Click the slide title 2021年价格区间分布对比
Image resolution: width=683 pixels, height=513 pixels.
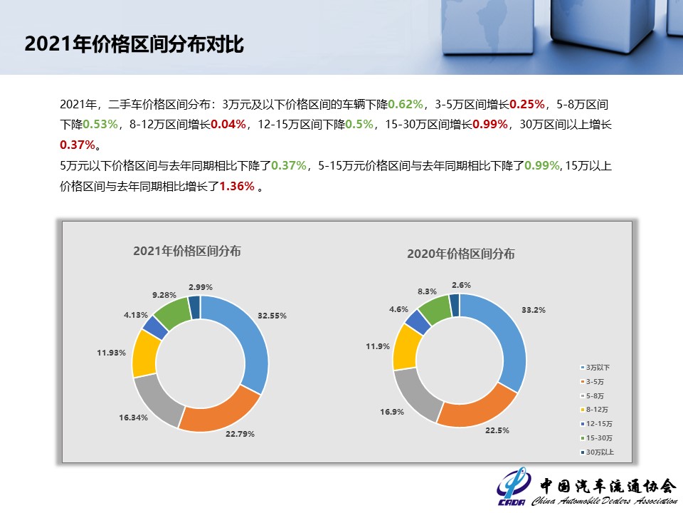[134, 44]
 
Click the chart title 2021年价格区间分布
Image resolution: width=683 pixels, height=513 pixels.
[186, 251]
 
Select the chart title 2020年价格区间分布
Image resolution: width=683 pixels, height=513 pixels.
[460, 254]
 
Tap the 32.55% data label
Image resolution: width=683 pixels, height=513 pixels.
[272, 315]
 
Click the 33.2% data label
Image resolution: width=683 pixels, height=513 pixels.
[534, 310]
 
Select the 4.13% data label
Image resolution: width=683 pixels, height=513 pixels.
[135, 314]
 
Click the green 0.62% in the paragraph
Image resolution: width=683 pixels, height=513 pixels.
[406, 104]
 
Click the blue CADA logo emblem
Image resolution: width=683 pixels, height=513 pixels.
[514, 486]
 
